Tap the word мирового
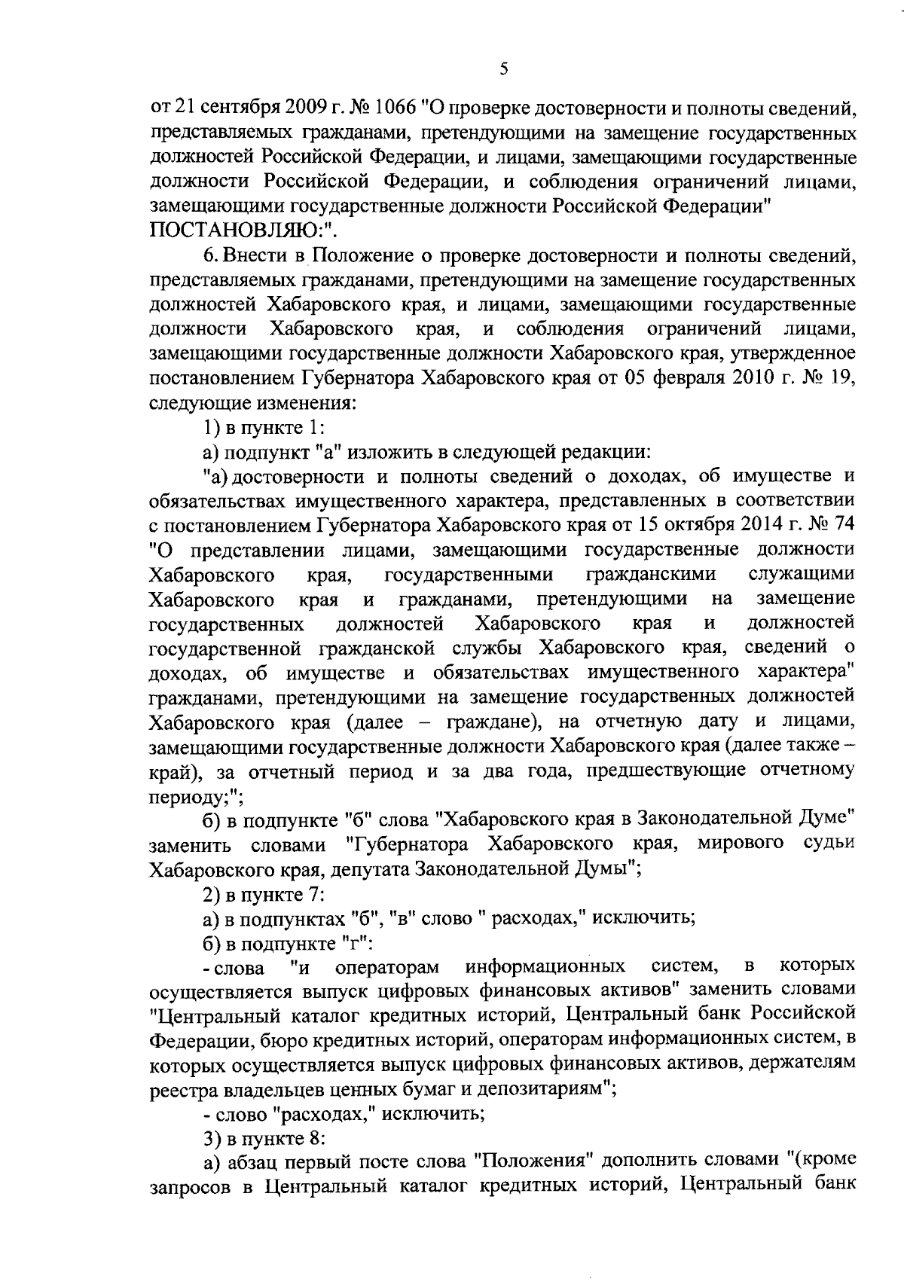[x=741, y=845]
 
